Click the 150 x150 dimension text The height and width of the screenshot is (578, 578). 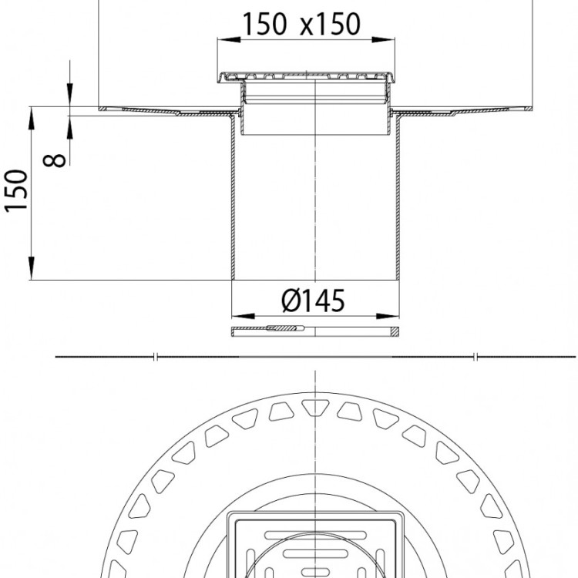301,25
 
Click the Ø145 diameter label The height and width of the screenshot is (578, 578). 313,301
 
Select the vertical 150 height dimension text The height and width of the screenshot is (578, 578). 16,190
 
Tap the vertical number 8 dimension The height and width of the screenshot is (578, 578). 54,160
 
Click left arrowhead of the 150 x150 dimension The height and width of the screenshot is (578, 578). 229,39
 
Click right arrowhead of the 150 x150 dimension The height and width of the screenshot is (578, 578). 383,39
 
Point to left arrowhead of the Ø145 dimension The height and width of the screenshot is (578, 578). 243,316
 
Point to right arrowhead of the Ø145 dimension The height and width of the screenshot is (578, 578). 388,316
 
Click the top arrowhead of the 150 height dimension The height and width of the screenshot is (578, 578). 32,119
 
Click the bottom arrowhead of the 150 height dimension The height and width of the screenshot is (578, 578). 32,268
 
